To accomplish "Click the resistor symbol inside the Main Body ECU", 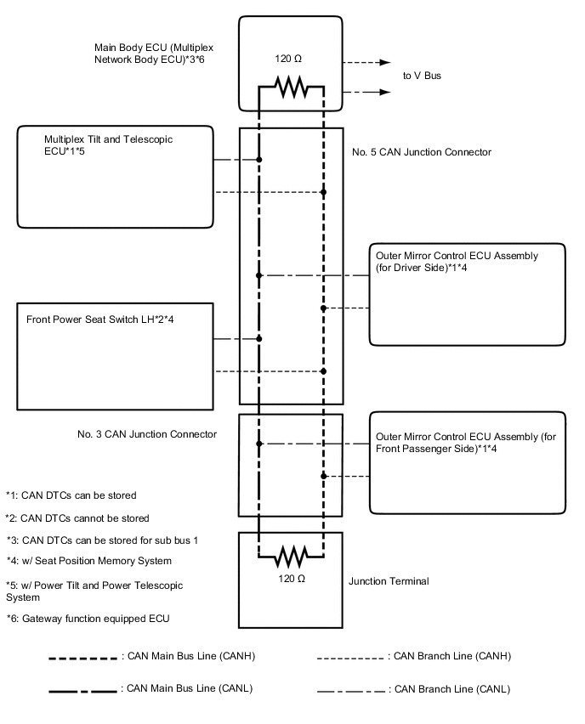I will pyautogui.click(x=291, y=86).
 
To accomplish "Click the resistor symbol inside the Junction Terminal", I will pyautogui.click(x=291, y=557).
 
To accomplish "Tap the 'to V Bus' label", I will pyautogui.click(x=422, y=76).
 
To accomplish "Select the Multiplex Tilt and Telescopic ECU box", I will pyautogui.click(x=115, y=178).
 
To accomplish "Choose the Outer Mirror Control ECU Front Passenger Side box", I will pyautogui.click(x=468, y=462).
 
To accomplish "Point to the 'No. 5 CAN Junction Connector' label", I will pyautogui.click(x=421, y=152).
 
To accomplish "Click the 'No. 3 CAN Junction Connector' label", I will pyautogui.click(x=146, y=434).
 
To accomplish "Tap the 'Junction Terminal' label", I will pyautogui.click(x=389, y=582).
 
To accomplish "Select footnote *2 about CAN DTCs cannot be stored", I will pyautogui.click(x=77, y=518).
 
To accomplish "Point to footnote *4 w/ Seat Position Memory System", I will pyautogui.click(x=89, y=561).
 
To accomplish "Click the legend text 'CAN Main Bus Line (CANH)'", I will pyautogui.click(x=189, y=656).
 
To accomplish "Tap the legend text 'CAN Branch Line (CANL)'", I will pyautogui.click(x=449, y=689).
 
